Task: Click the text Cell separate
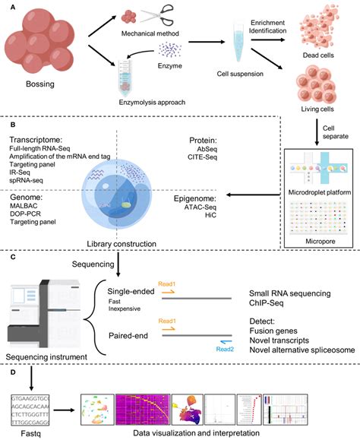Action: pos(331,131)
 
